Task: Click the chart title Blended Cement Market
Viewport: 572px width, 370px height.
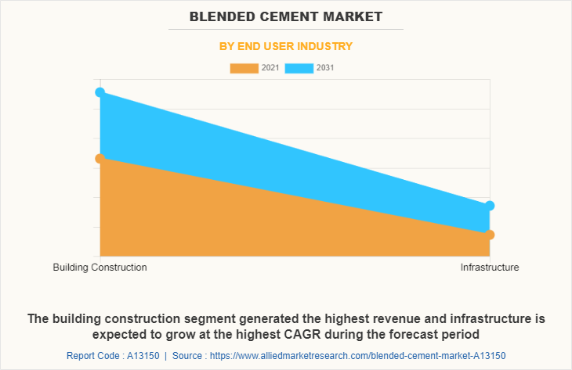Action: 285,16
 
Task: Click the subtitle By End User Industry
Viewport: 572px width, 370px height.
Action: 285,46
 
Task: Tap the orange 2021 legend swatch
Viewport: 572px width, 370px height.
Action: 243,68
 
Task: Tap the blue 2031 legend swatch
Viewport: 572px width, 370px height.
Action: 299,68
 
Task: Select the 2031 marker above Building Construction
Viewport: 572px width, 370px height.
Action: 100,92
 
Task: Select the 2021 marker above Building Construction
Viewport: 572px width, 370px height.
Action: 100,159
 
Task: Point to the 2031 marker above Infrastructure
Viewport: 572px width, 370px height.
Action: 490,206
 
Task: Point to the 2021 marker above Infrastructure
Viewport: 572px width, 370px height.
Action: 490,235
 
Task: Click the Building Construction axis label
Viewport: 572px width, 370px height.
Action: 100,268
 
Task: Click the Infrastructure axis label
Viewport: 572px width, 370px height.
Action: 490,268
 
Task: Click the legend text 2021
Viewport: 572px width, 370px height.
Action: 270,68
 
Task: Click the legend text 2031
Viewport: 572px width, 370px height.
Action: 326,68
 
